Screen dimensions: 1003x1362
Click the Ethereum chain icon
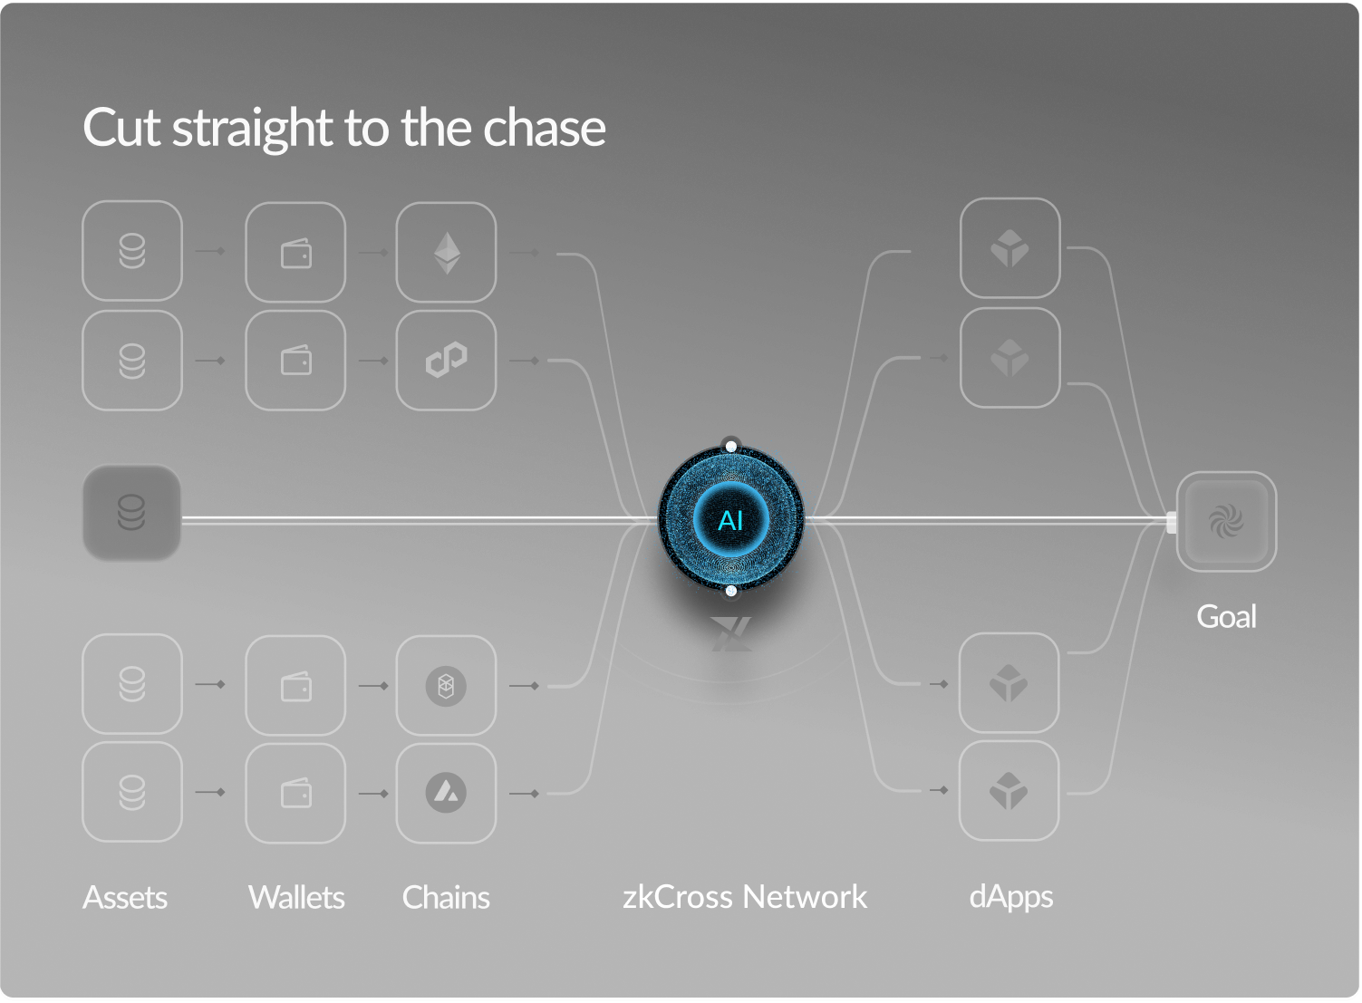446,252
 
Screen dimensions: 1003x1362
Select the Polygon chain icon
446,360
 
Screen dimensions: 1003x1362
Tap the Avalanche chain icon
446,793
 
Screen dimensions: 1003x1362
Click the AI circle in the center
730,520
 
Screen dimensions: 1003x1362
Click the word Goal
1226,617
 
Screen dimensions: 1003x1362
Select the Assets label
125,898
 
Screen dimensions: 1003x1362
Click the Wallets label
296,898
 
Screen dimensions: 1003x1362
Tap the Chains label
446,898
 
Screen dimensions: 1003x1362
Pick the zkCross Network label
745,897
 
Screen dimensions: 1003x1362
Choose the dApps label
1010,897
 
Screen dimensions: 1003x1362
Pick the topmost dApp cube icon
1009,248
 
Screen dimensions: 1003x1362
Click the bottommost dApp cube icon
1009,791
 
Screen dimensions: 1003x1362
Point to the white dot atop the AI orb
730,447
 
